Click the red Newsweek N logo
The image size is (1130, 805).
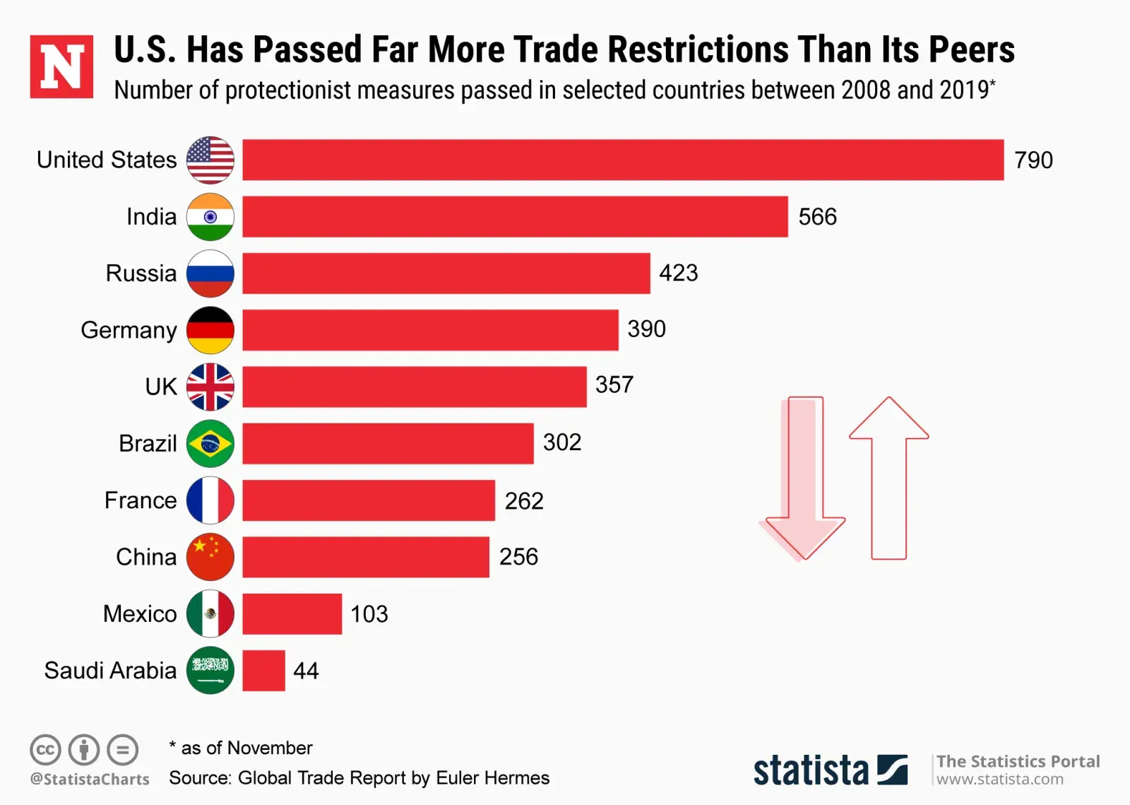click(x=61, y=66)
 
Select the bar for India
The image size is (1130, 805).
click(x=515, y=217)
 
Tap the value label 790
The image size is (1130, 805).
click(x=1033, y=160)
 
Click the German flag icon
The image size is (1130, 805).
click(x=210, y=330)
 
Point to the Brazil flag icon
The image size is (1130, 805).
click(x=210, y=444)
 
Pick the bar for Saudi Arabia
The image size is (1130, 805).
click(x=263, y=671)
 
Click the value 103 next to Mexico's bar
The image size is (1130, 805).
click(x=369, y=614)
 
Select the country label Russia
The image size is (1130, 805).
click(x=141, y=274)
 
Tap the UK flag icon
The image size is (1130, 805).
click(x=210, y=387)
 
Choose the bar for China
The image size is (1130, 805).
click(x=366, y=557)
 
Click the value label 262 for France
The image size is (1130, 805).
click(x=524, y=501)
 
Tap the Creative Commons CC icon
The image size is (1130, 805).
click(x=45, y=750)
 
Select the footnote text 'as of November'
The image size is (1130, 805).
click(x=246, y=748)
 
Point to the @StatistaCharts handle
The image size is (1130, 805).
click(x=90, y=780)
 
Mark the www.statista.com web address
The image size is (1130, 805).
click(x=999, y=780)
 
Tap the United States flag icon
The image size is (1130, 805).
click(x=210, y=160)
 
